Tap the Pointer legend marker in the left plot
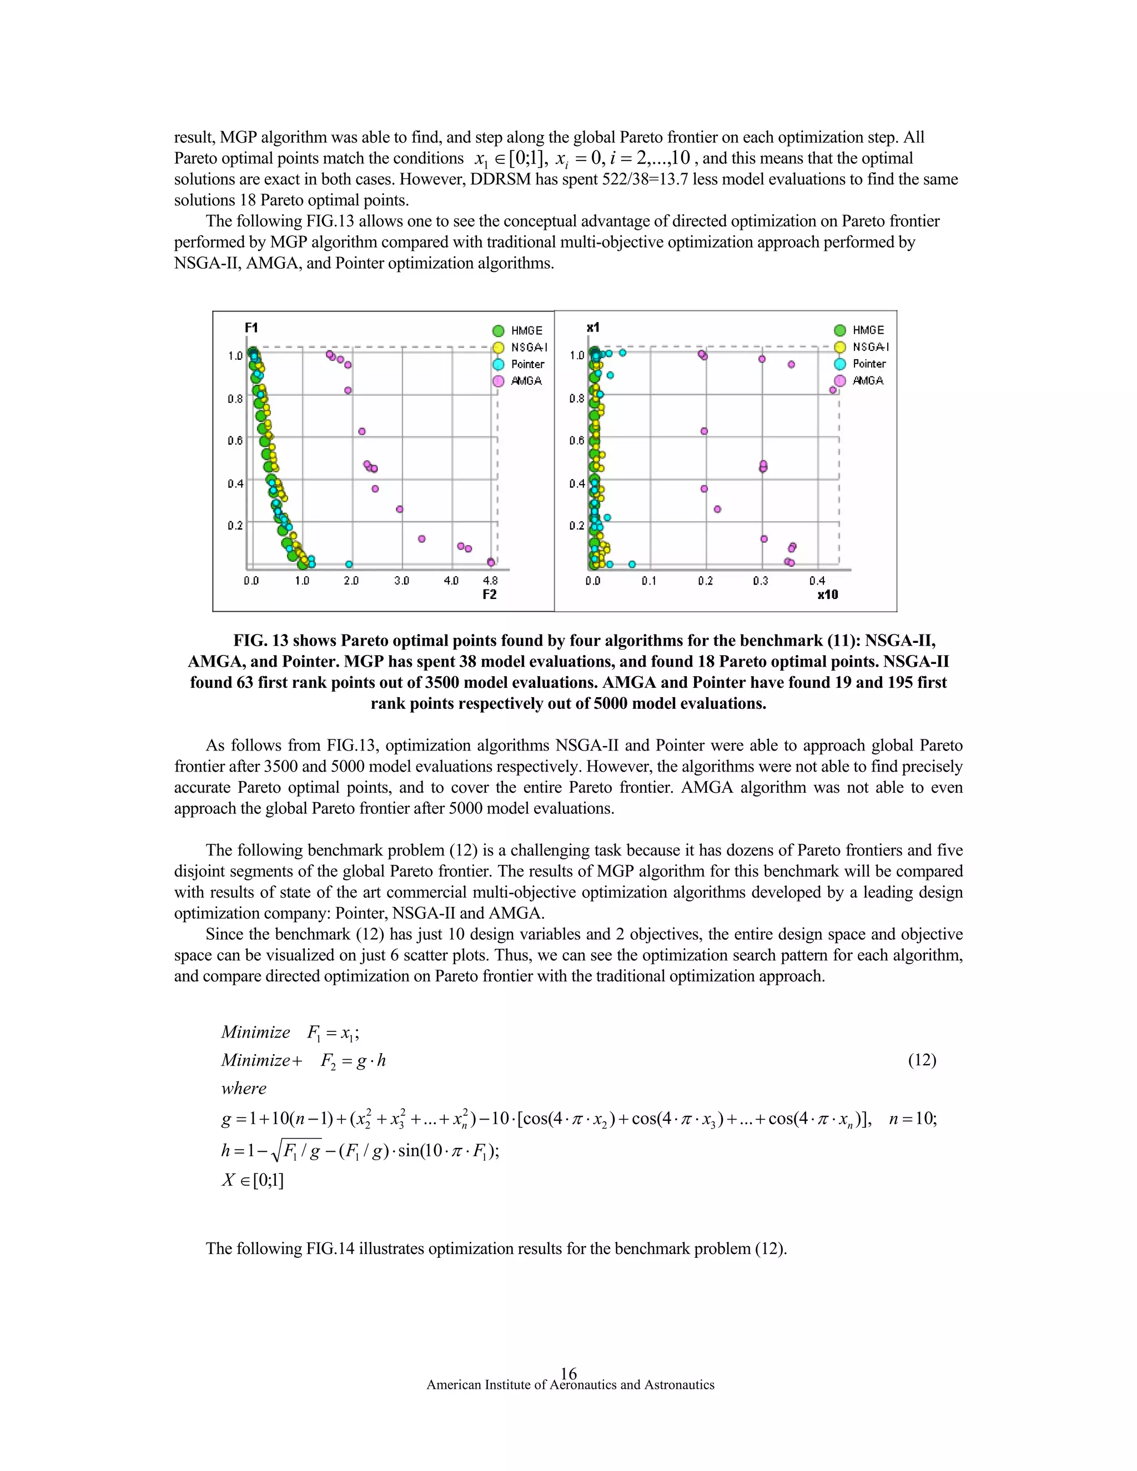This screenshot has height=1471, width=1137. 499,364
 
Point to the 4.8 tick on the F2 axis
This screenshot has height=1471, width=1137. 490,581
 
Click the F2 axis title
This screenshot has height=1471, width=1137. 490,594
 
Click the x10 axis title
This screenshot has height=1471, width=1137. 828,594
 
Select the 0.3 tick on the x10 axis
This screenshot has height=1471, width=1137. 761,581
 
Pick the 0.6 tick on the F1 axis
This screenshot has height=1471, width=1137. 235,441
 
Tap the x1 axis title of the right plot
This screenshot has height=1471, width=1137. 593,328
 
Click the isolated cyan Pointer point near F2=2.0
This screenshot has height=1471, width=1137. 349,565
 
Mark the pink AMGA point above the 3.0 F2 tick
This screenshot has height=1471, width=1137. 399,509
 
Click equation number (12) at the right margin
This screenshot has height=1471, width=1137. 922,1060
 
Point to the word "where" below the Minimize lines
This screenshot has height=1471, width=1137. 244,1089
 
